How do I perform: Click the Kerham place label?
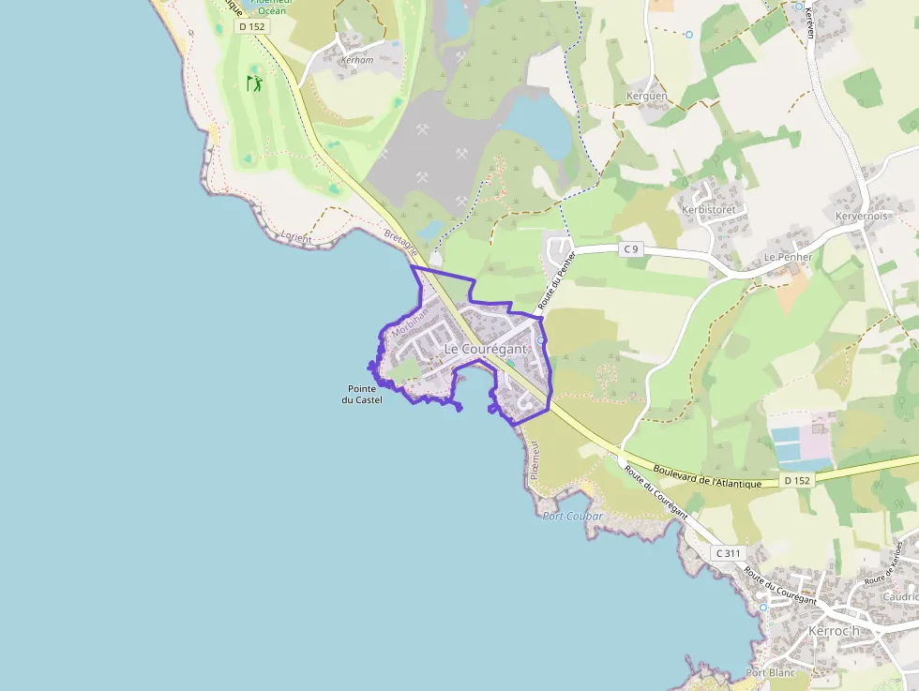coord(357,59)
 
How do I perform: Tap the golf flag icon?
coord(254,83)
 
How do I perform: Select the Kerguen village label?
coord(647,96)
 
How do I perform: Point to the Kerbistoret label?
coord(708,209)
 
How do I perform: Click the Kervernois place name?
coord(862,216)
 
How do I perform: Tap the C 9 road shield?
coord(631,248)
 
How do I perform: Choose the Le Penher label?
coord(787,256)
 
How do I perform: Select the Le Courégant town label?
coord(485,349)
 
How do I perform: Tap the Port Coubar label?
coord(573,516)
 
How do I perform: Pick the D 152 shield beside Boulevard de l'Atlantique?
coord(796,480)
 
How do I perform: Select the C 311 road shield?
coord(728,552)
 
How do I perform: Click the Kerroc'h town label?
coord(834,631)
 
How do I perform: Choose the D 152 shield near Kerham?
coord(252,27)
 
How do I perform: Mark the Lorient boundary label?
coord(296,237)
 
